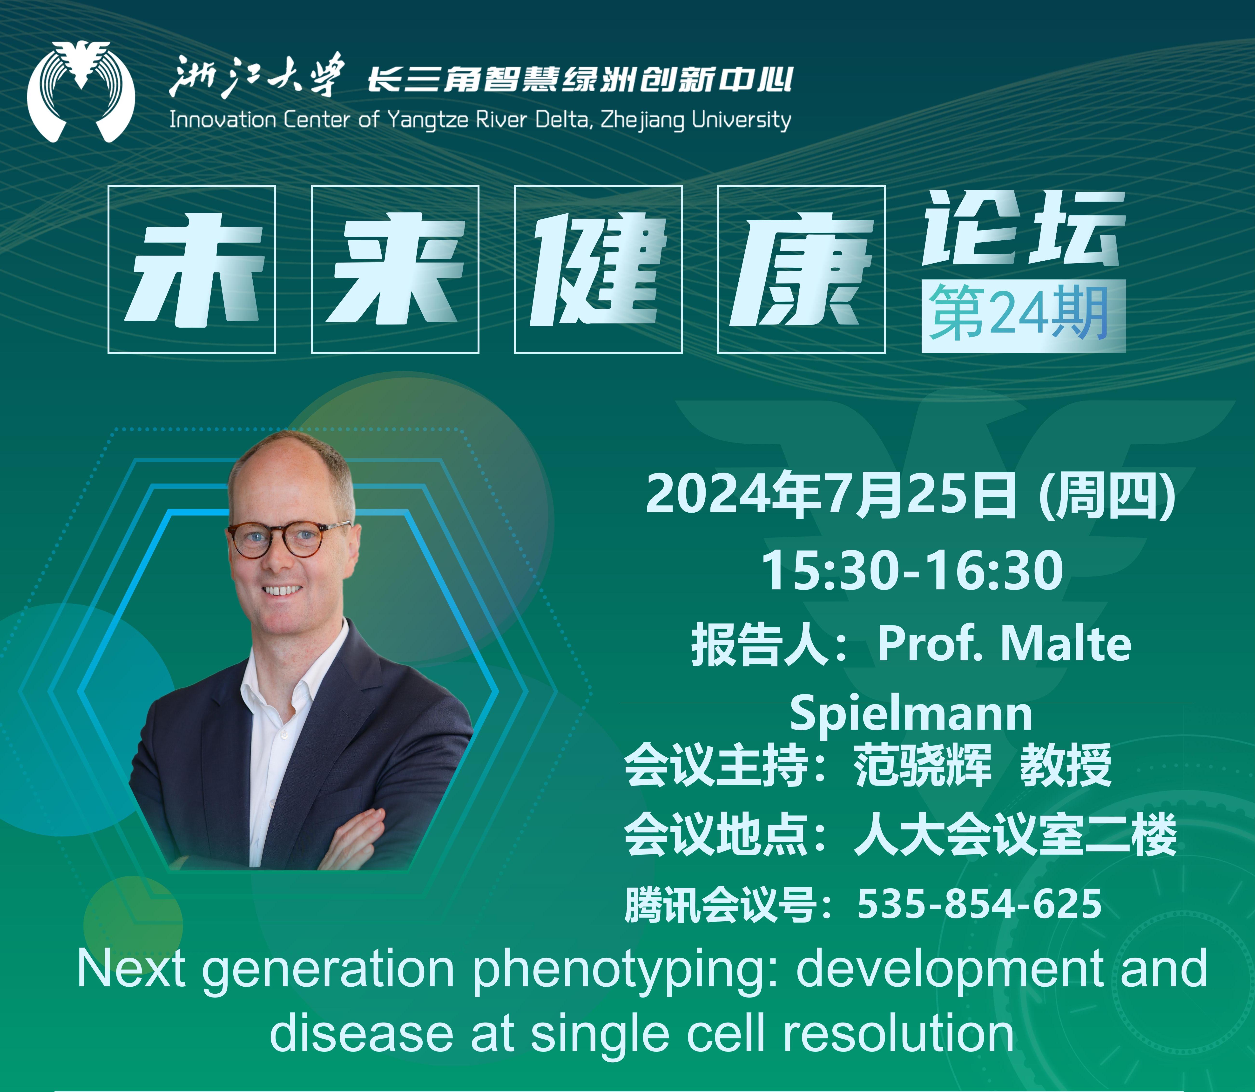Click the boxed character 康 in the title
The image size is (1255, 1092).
(801, 270)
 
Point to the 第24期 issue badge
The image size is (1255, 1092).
(1024, 316)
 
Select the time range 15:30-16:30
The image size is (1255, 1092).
(912, 570)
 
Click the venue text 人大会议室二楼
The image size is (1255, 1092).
(1015, 835)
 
